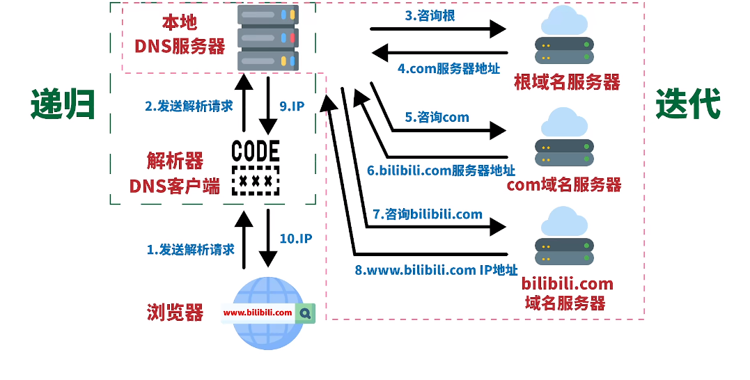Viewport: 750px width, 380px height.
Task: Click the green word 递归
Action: click(x=63, y=105)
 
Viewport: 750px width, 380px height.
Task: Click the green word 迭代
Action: click(x=687, y=105)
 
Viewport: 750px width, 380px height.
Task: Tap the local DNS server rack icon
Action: click(x=267, y=37)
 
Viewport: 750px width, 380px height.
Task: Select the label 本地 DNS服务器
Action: click(x=180, y=35)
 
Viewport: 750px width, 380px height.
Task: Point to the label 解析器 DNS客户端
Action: click(x=175, y=173)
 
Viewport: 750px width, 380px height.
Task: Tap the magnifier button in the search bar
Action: click(x=305, y=313)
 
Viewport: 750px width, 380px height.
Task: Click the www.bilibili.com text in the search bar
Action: click(x=258, y=313)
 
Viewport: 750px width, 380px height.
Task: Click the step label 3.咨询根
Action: click(x=430, y=15)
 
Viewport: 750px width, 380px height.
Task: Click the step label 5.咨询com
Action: click(x=438, y=117)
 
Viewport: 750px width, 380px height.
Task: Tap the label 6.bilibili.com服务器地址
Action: click(x=441, y=170)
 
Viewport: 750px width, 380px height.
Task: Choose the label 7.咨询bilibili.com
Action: click(x=427, y=214)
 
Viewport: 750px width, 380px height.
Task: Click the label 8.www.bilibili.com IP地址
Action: click(x=437, y=271)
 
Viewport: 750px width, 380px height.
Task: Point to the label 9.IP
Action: click(x=292, y=106)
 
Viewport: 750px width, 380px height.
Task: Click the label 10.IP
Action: click(x=295, y=238)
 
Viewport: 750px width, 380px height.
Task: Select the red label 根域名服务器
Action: click(x=566, y=82)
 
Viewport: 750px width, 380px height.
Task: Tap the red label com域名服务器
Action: click(x=563, y=184)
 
